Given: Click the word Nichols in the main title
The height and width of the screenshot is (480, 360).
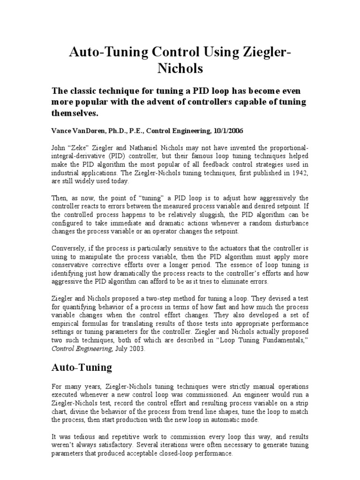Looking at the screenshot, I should click(180, 68).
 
